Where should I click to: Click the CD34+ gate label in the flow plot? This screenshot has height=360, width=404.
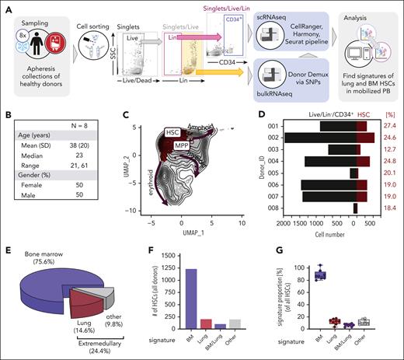point(234,18)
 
